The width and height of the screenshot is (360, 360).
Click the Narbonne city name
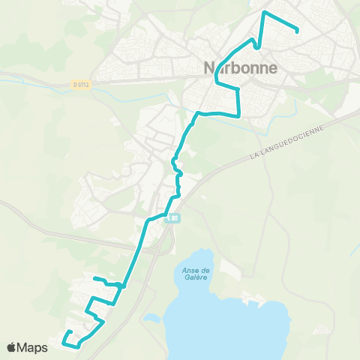pos(240,67)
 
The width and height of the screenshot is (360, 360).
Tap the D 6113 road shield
pos(80,85)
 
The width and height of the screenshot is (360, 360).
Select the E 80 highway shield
pos(173,218)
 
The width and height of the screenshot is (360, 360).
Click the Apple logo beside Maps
pos(12,347)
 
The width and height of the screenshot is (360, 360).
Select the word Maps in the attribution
pos(33,347)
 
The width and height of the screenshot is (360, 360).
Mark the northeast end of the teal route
pos(298,31)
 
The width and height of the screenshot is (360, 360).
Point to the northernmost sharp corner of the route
pos(263,12)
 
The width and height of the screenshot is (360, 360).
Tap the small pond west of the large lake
pos(154,317)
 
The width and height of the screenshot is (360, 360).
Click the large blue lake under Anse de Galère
pos(225,315)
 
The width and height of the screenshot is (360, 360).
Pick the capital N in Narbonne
pos(209,67)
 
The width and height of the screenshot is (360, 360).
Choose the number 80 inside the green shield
pos(175,218)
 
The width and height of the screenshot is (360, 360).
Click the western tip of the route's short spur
pos(94,279)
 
